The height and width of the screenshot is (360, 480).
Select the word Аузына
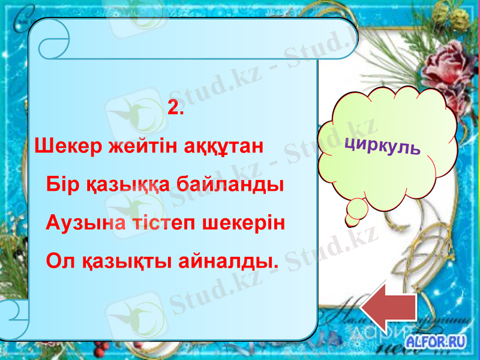pyautogui.click(x=79, y=223)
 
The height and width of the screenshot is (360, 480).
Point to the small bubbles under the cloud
pyautogui.click(x=356, y=211)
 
